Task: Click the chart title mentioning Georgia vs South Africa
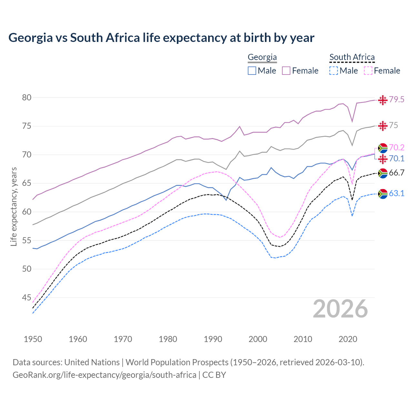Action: click(161, 38)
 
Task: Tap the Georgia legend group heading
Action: click(262, 57)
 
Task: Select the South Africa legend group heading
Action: click(352, 57)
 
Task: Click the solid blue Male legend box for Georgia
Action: click(252, 71)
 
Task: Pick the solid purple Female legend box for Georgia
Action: click(286, 71)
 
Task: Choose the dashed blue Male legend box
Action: click(334, 71)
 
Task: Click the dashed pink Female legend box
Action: click(368, 71)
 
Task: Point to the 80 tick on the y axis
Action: click(26, 97)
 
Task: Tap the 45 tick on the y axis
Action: click(26, 297)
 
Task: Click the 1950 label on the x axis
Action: click(33, 339)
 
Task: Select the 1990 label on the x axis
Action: click(213, 339)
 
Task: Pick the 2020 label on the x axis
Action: click(348, 339)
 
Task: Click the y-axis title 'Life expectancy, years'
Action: click(14, 206)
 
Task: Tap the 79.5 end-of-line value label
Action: click(397, 100)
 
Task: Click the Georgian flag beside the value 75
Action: click(383, 126)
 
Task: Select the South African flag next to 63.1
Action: click(383, 194)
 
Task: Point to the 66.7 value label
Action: click(397, 173)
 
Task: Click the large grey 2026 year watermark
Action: click(340, 309)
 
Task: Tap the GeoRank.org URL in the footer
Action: click(104, 375)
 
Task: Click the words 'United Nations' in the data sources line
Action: click(92, 362)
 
